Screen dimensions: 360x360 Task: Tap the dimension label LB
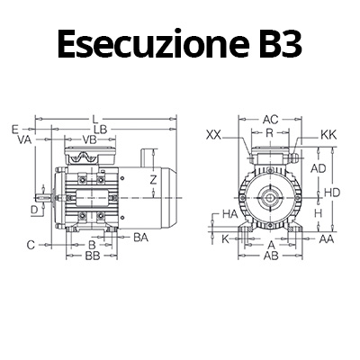[x=103, y=130]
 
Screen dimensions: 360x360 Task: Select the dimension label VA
[x=24, y=140]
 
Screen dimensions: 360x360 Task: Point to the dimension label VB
[x=90, y=140]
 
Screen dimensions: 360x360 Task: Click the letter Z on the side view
[x=154, y=180]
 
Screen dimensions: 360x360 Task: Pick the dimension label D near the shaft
[x=34, y=210]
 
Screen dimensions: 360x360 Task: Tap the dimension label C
[x=31, y=244]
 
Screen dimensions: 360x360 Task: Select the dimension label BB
[x=92, y=256]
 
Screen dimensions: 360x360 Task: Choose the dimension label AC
[x=270, y=119]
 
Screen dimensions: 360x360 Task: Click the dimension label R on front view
[x=270, y=132]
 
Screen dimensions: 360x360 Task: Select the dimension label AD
[x=318, y=168]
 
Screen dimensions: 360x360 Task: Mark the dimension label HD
[x=332, y=193]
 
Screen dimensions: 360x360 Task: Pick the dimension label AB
[x=270, y=256]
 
